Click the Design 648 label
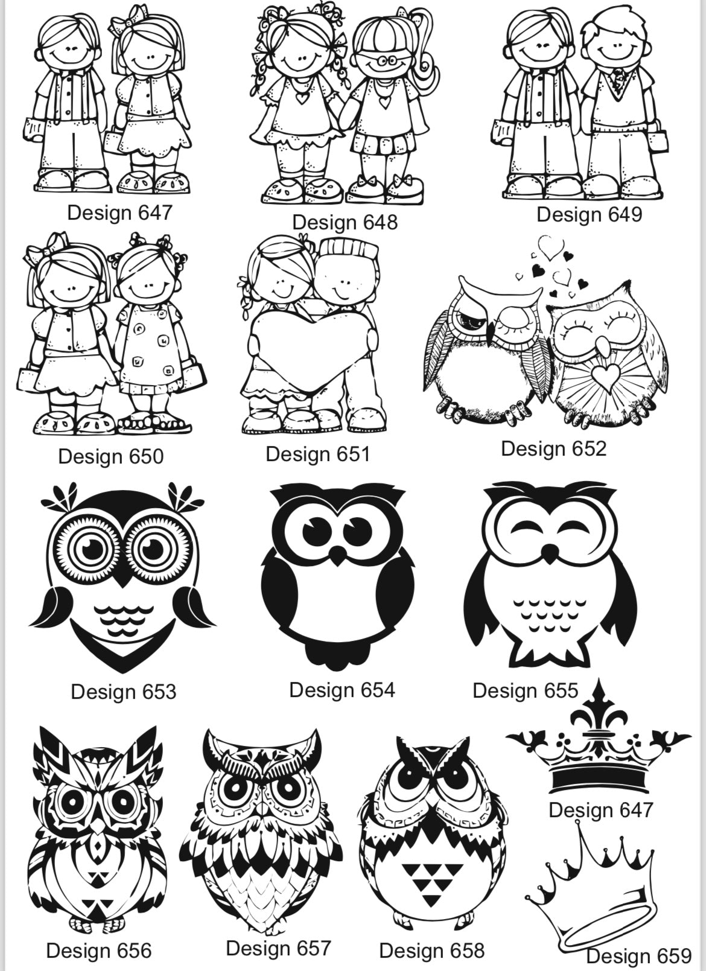(345, 223)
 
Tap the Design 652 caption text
(553, 449)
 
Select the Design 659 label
(639, 956)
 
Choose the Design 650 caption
(110, 456)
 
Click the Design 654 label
(342, 690)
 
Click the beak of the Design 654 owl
(338, 556)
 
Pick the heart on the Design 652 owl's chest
(606, 376)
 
